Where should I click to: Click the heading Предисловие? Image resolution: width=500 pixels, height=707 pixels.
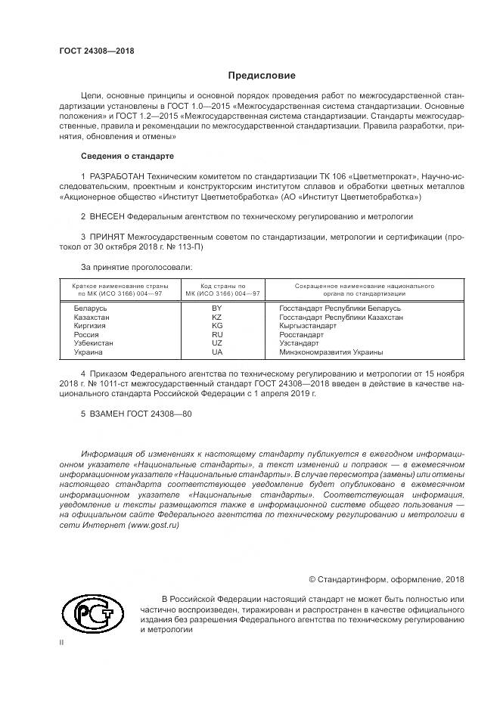pyautogui.click(x=262, y=76)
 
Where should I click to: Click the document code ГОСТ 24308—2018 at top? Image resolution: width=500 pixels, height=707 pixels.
pyautogui.click(x=97, y=51)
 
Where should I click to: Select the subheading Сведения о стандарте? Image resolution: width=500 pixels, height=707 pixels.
pyautogui.click(x=127, y=156)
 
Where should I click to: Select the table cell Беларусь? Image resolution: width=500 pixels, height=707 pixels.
pyautogui.click(x=90, y=309)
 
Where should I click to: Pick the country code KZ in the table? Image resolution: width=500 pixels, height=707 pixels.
pyautogui.click(x=216, y=318)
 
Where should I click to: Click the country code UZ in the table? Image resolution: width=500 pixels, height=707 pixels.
pyautogui.click(x=216, y=343)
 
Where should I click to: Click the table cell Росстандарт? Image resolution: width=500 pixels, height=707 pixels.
pyautogui.click(x=301, y=335)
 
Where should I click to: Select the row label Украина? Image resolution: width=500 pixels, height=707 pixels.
pyautogui.click(x=89, y=352)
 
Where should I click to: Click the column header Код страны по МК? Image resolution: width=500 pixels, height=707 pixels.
pyautogui.click(x=217, y=290)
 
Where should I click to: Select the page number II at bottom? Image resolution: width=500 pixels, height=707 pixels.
pyautogui.click(x=62, y=641)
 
